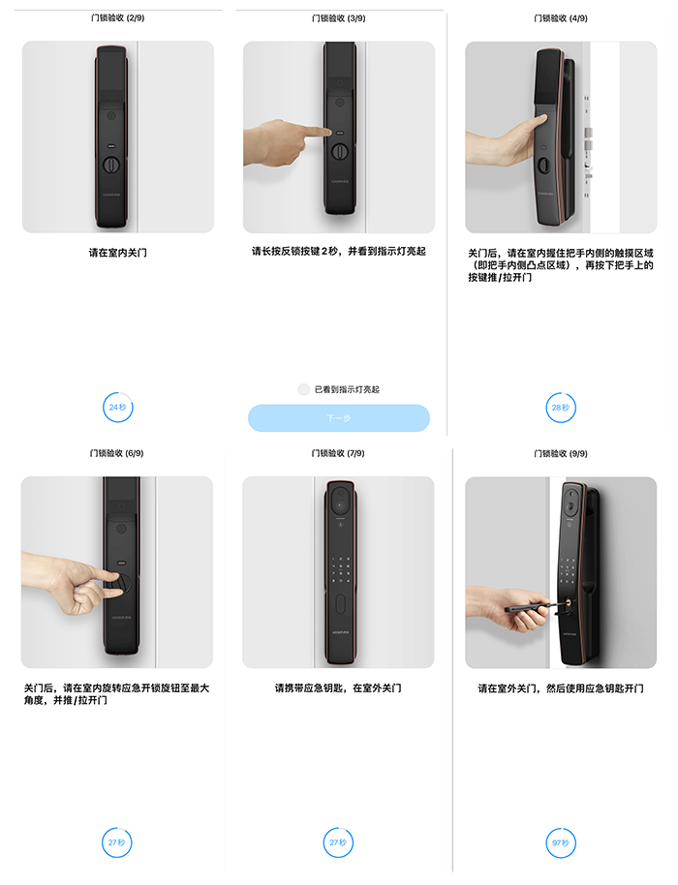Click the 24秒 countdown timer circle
click(x=117, y=407)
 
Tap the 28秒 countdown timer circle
click(x=561, y=408)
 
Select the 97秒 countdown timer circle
click(x=561, y=842)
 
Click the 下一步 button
click(x=339, y=418)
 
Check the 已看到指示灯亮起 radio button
click(x=304, y=389)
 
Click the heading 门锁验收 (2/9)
click(x=117, y=18)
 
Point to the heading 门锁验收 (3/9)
click(x=339, y=18)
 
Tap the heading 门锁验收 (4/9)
click(x=561, y=18)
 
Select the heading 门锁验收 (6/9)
click(x=117, y=453)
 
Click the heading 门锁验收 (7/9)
click(x=338, y=453)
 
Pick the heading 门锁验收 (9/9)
click(x=561, y=454)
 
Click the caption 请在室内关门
click(x=117, y=253)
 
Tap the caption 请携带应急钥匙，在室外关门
click(x=338, y=688)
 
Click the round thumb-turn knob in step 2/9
click(x=111, y=165)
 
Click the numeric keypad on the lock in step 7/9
click(x=340, y=569)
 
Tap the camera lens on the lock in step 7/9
click(x=340, y=504)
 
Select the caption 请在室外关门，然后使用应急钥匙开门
click(x=561, y=688)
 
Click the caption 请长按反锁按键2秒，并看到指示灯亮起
click(x=339, y=251)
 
